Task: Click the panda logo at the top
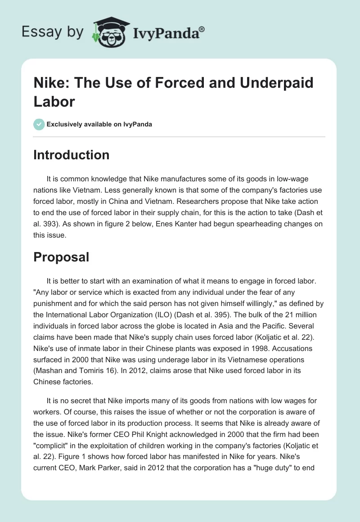tap(110, 32)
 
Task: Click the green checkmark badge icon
tap(39, 124)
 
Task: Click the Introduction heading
tap(72, 155)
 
